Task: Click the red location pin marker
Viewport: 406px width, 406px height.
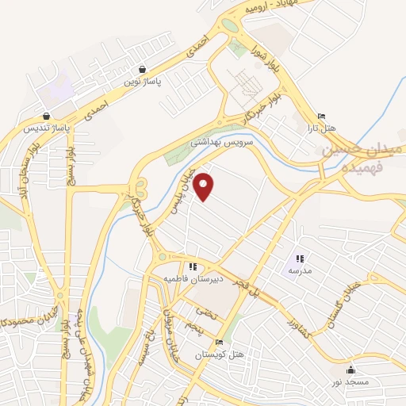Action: (205, 186)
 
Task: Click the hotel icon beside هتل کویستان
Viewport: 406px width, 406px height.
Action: (220, 343)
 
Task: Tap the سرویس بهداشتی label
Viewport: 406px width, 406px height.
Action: (220, 142)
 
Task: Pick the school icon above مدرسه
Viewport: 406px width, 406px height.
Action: (300, 259)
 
